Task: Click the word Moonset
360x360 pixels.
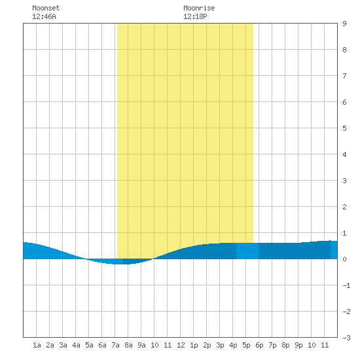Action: [x=46, y=8]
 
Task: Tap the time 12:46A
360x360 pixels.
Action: [x=44, y=16]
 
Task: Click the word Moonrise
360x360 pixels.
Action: [x=199, y=8]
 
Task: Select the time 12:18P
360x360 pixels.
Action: [x=195, y=16]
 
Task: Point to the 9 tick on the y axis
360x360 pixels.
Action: [x=344, y=24]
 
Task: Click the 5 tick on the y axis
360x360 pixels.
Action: [x=344, y=128]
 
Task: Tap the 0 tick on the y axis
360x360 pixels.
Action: [x=344, y=259]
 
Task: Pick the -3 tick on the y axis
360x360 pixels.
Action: [x=346, y=338]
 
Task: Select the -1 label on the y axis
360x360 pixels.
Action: [x=346, y=285]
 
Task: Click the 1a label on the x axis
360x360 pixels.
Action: [x=37, y=345]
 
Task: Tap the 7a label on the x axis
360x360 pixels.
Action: [x=115, y=345]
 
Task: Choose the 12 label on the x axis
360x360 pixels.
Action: [x=181, y=345]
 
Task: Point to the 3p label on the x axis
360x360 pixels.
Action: [x=220, y=345]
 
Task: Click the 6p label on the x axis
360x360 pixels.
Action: [x=259, y=345]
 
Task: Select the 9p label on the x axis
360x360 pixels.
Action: [x=298, y=345]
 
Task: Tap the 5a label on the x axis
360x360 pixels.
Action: [x=89, y=345]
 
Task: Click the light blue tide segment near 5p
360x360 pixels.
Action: [x=247, y=251]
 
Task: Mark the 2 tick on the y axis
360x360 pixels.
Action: [x=344, y=207]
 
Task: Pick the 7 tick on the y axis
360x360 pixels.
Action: [x=344, y=76]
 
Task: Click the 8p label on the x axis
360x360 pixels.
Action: [x=285, y=345]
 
